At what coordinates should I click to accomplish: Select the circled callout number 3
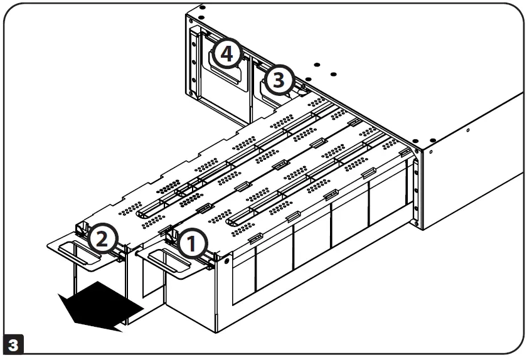[279, 80]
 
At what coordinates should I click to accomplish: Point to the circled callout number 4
[226, 54]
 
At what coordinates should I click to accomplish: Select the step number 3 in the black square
[13, 346]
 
